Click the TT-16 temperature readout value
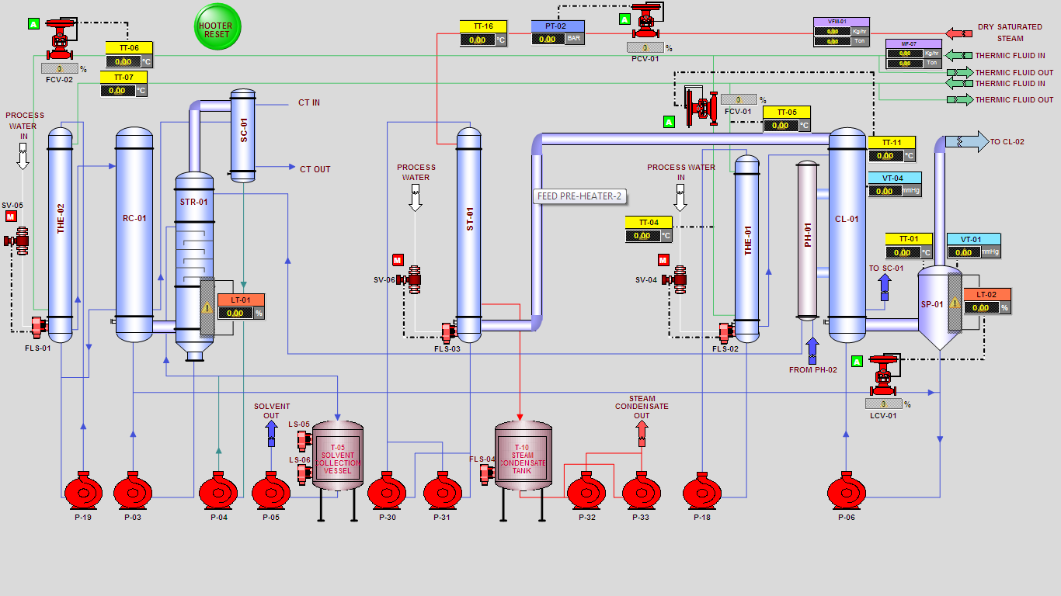point(478,40)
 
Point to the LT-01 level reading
point(235,314)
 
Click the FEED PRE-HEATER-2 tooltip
point(580,196)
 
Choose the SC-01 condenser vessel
point(243,135)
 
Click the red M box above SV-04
point(663,260)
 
